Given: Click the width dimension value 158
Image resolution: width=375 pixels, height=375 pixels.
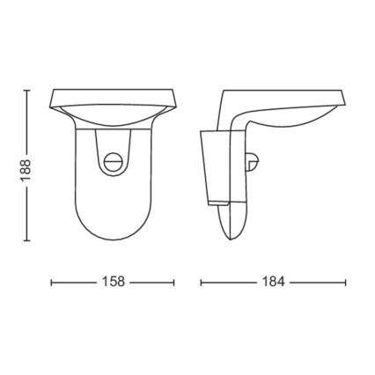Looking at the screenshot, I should [x=112, y=283].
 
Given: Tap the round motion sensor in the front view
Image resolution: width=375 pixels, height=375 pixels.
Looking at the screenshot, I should [x=112, y=162].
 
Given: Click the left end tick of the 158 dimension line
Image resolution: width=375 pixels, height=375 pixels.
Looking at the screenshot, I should [x=51, y=283].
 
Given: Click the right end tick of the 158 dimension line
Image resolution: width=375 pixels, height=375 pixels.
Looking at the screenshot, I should [x=174, y=283].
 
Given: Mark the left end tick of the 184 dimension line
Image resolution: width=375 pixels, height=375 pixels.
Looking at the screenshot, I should [x=202, y=283].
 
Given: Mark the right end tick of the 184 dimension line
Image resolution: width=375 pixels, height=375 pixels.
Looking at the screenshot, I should [x=344, y=283].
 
